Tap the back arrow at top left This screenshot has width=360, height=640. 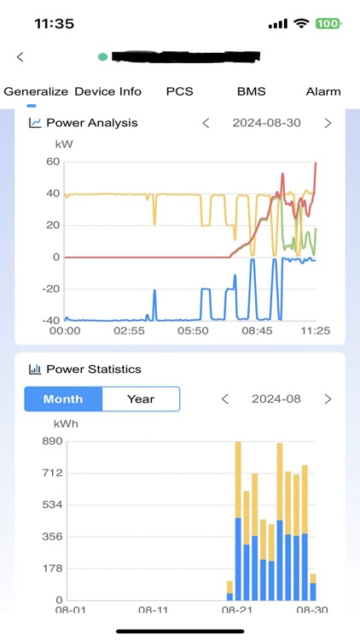click(x=20, y=57)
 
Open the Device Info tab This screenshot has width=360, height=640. click(x=107, y=91)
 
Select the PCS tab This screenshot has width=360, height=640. click(x=179, y=91)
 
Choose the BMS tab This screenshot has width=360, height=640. click(x=252, y=91)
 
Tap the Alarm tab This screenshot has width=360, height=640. click(x=323, y=91)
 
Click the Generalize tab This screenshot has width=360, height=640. click(x=37, y=91)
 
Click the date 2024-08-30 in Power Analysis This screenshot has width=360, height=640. click(x=266, y=123)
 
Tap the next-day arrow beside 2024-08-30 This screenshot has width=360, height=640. click(x=328, y=123)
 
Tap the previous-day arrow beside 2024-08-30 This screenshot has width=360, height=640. click(x=206, y=123)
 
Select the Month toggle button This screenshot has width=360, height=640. click(x=63, y=399)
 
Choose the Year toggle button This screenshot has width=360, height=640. click(x=141, y=399)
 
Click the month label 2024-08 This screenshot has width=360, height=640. click(x=276, y=399)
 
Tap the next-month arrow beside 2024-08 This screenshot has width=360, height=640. click(x=328, y=399)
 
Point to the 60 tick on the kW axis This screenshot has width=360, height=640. click(x=53, y=161)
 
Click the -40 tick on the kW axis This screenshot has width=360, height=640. click(x=49, y=321)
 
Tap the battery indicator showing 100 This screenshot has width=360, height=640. click(x=328, y=24)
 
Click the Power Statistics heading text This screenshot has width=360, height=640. click(x=93, y=369)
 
